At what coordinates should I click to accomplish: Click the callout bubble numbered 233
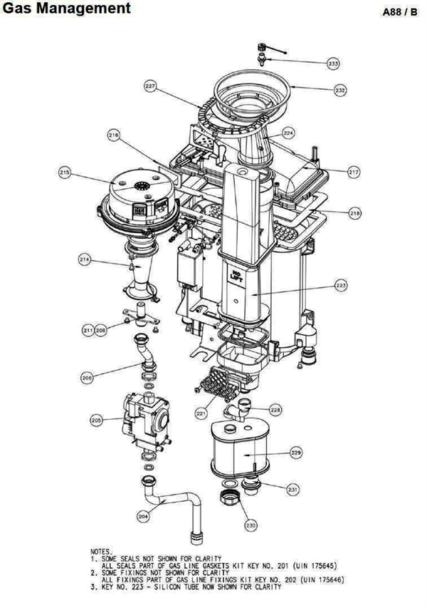click(x=333, y=63)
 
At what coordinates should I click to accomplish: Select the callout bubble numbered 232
click(x=340, y=90)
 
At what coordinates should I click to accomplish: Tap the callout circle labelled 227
click(x=151, y=86)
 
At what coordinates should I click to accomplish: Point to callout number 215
click(x=65, y=172)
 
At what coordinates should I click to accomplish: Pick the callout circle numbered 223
click(x=341, y=286)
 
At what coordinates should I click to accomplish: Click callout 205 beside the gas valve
click(x=96, y=420)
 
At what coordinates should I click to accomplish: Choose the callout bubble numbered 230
click(x=251, y=526)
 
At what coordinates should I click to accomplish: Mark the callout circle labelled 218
click(x=354, y=213)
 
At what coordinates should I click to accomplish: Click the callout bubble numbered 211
click(x=88, y=330)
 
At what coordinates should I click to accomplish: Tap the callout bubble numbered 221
click(x=201, y=413)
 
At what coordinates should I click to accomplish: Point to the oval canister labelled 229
click(x=241, y=448)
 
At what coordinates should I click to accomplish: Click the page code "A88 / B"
click(x=400, y=12)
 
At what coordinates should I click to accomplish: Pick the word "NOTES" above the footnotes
click(x=100, y=552)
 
